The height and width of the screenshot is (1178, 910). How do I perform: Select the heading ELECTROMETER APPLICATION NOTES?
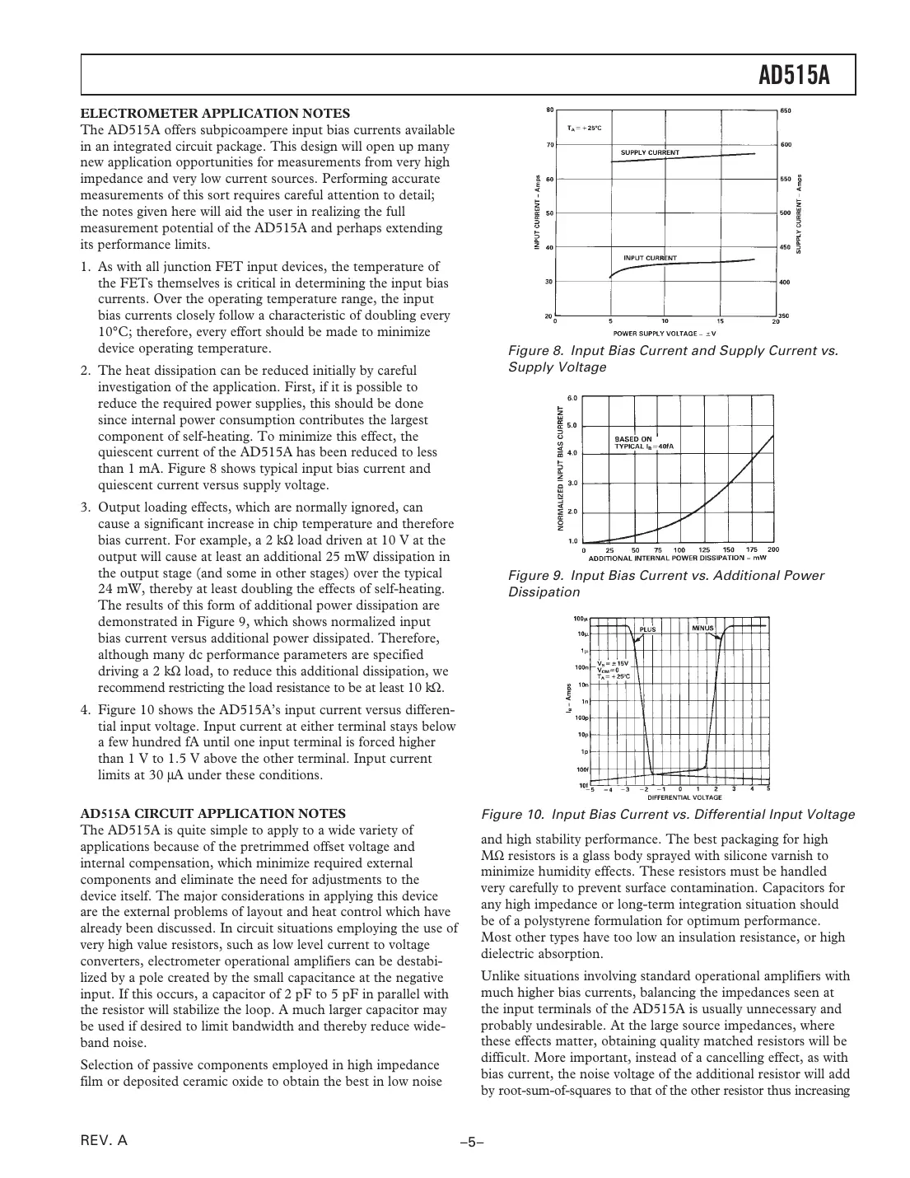(215, 113)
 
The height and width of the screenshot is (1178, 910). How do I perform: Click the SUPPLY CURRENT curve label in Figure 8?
(650, 152)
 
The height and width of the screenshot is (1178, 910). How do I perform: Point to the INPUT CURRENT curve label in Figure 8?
(650, 258)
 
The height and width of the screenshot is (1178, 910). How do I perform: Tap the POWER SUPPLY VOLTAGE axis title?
(665, 333)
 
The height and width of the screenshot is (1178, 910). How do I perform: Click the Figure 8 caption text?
(673, 358)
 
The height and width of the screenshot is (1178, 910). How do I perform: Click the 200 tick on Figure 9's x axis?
(772, 549)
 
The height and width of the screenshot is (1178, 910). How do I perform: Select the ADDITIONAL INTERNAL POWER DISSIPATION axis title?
(678, 557)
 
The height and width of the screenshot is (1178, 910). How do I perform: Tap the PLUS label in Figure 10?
(648, 629)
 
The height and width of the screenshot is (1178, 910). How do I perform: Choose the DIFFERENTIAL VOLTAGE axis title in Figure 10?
(684, 797)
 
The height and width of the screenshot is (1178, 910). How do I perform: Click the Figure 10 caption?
(667, 815)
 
